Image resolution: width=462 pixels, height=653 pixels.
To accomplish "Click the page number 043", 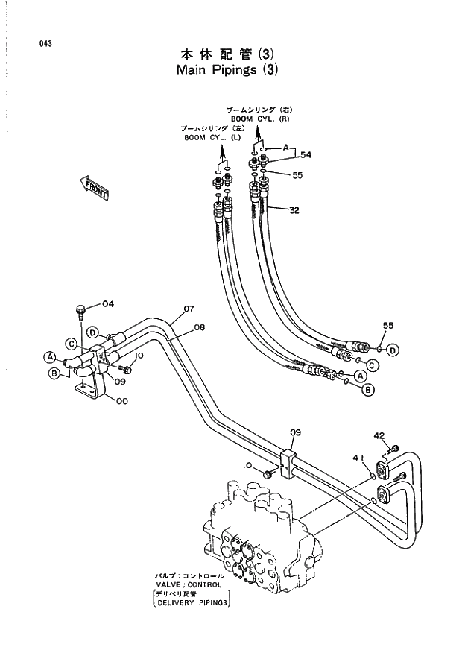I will tap(45, 43).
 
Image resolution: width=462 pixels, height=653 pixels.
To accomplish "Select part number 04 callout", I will tap(107, 303).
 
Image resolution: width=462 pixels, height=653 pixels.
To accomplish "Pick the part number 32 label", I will tap(294, 210).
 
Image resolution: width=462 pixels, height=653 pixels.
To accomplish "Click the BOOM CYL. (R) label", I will tap(253, 119).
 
